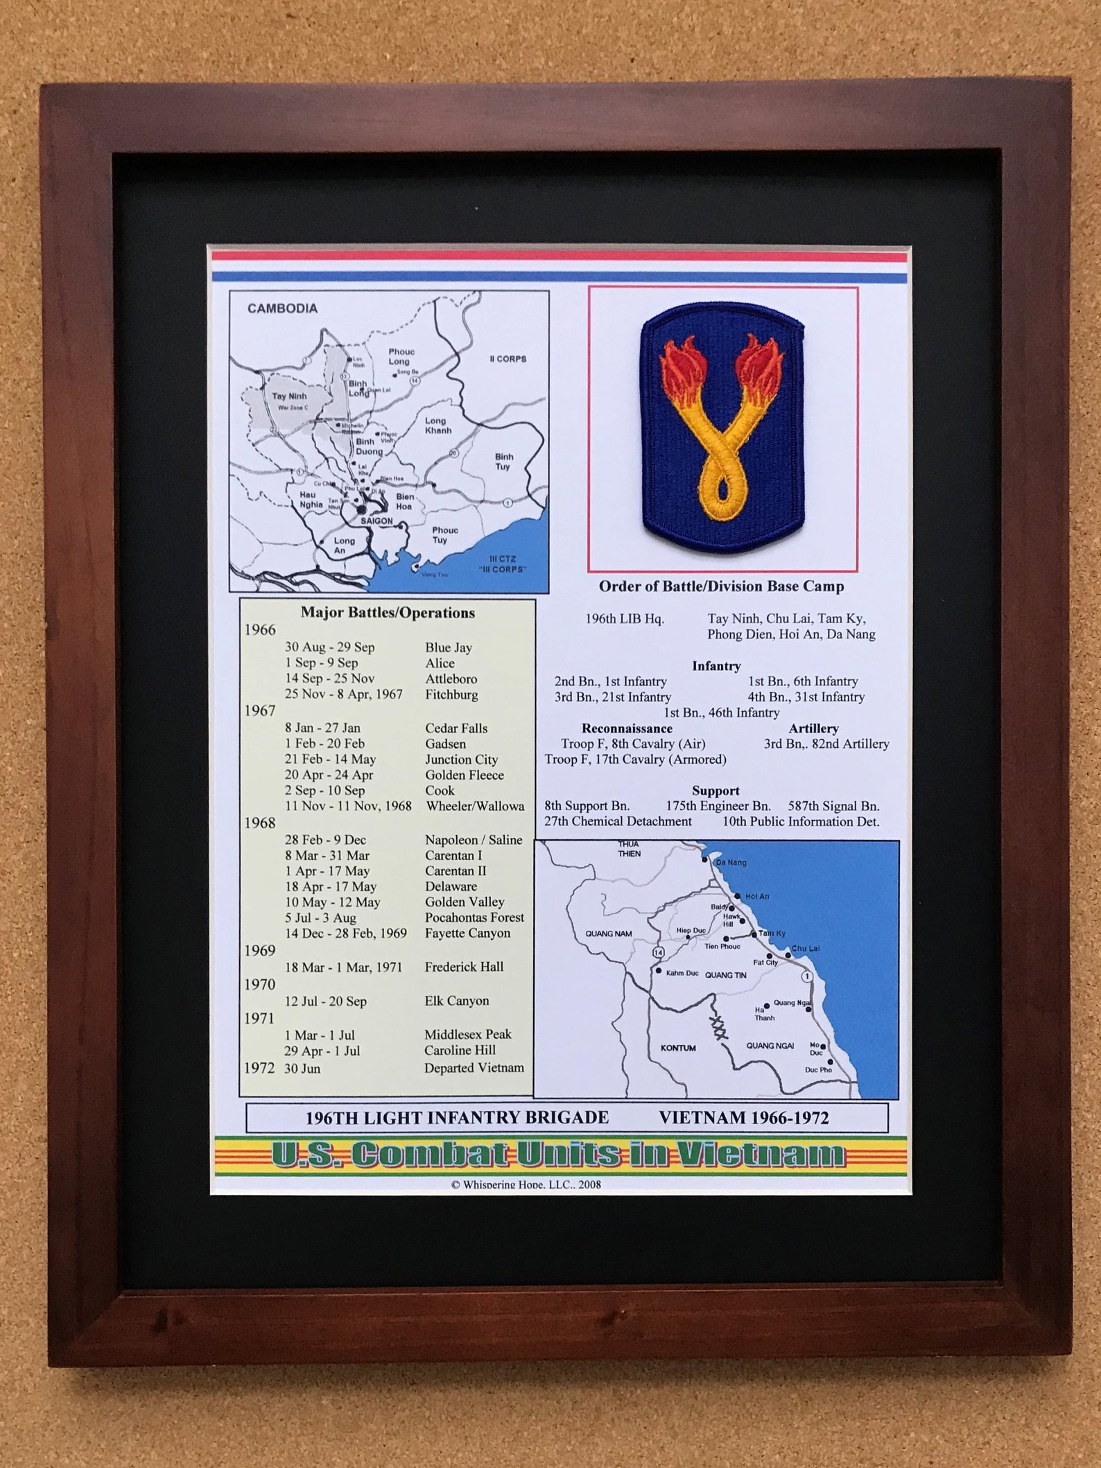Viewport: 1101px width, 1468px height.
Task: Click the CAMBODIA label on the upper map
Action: (x=282, y=308)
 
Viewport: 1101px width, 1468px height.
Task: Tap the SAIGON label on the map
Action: (x=376, y=521)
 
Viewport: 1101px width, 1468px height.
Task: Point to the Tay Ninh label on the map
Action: (x=289, y=396)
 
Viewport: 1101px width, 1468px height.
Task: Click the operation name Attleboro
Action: (x=451, y=679)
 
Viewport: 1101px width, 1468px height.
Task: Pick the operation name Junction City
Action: (x=461, y=759)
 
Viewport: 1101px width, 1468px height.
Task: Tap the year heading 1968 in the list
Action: (x=260, y=823)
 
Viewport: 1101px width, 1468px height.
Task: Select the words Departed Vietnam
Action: (x=474, y=1067)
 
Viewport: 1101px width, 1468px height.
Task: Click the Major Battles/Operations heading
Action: (x=388, y=613)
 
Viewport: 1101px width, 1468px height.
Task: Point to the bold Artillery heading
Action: (x=813, y=728)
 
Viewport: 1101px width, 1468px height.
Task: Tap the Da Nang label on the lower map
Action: (x=731, y=862)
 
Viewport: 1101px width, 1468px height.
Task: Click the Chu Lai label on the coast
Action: (x=805, y=948)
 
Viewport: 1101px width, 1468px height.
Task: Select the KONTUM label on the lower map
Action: (x=677, y=1048)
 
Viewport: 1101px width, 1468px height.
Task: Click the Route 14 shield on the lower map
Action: (x=658, y=952)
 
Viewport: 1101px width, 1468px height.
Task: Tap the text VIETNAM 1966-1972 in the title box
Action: (x=743, y=1117)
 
